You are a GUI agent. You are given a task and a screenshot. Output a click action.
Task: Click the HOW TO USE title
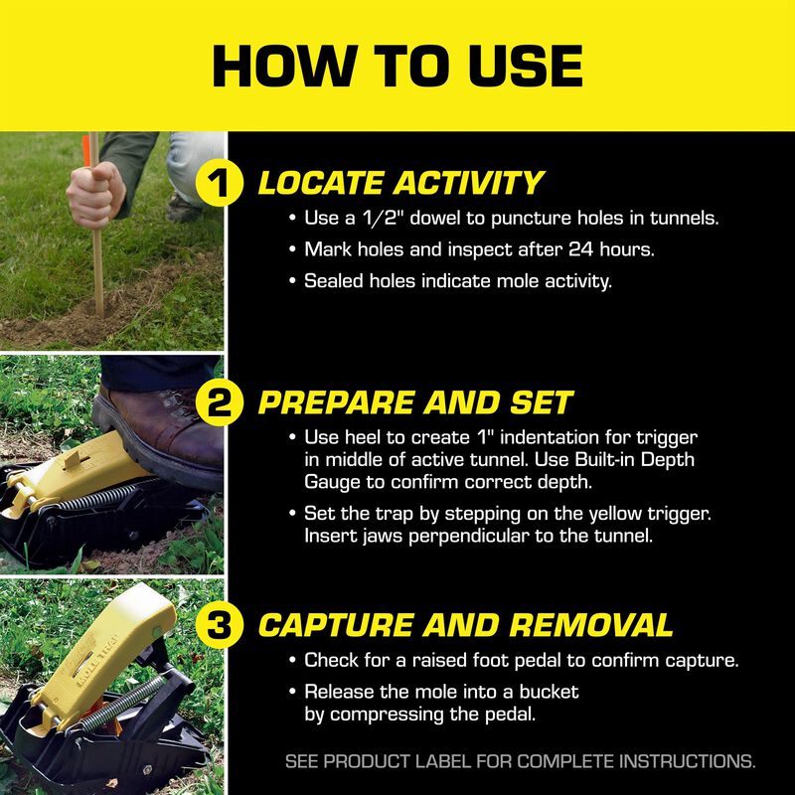point(397,66)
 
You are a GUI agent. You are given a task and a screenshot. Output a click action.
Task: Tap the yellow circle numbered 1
point(225,185)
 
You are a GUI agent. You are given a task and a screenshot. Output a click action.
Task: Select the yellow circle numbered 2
point(225,403)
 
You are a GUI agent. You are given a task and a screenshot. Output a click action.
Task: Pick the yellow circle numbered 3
point(225,625)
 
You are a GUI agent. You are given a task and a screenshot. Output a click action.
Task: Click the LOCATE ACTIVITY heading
point(400,184)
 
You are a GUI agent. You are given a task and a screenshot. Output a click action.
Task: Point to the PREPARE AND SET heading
point(415,403)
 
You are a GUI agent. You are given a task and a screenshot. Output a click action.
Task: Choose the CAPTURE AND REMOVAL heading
point(465,625)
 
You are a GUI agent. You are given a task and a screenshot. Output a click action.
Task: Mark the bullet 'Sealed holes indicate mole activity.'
point(457,281)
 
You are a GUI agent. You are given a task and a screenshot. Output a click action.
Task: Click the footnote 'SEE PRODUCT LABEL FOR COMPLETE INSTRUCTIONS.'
point(520,762)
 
